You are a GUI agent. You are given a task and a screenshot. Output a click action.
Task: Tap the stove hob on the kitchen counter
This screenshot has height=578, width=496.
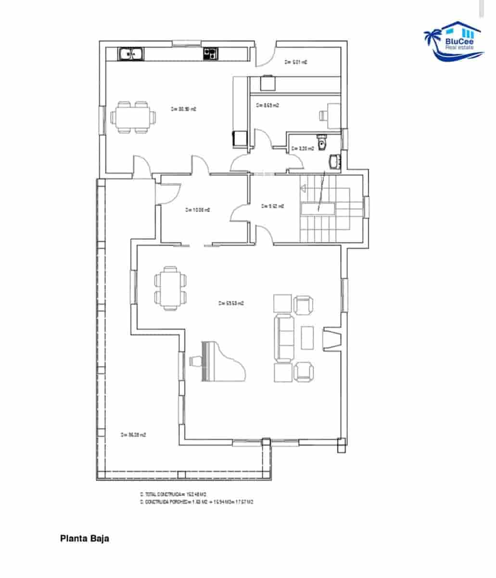(x=210, y=53)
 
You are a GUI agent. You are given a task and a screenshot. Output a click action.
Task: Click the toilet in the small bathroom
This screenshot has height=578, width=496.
(x=322, y=143)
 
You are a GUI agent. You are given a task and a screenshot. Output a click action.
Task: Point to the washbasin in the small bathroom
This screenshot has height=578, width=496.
(x=334, y=162)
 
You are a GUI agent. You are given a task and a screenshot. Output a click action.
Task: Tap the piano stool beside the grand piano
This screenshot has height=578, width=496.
(x=195, y=361)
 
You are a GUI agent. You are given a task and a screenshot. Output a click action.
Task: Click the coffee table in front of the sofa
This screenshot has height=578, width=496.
(x=307, y=338)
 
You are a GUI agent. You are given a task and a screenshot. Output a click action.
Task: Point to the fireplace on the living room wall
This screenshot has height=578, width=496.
(x=332, y=339)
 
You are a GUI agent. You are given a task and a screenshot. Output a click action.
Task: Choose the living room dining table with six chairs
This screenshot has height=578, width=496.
(x=170, y=288)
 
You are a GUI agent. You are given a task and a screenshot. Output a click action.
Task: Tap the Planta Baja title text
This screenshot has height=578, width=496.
(x=85, y=539)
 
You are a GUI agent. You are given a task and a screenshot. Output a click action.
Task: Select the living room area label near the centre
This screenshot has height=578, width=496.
(x=231, y=303)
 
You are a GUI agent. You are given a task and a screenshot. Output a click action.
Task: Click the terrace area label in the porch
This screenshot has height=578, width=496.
(x=133, y=435)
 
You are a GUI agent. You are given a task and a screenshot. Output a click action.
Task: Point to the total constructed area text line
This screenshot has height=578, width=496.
(x=173, y=494)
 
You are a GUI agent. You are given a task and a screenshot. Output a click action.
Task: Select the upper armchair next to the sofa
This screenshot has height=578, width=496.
(x=304, y=304)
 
